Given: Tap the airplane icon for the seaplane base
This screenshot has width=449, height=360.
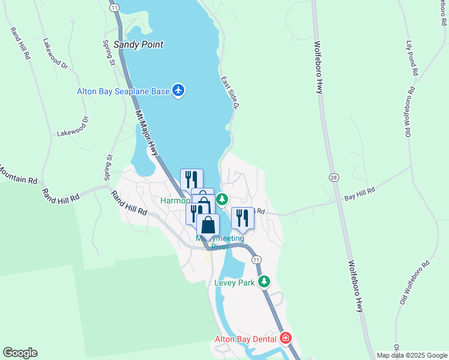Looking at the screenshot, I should [178, 91].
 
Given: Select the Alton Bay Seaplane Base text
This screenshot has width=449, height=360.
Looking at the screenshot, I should [123, 91].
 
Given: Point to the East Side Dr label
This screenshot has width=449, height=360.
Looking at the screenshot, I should [230, 93].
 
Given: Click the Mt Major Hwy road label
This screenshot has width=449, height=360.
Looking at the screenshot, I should [146, 133].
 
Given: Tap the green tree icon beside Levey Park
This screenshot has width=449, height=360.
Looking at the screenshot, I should [264, 281].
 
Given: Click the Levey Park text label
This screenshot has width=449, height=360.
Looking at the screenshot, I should [235, 282].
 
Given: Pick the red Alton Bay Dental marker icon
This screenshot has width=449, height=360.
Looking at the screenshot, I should [286, 338].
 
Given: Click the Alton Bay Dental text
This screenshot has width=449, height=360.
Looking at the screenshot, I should [246, 339].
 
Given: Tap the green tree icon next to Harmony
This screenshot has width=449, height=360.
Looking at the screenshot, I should [222, 199].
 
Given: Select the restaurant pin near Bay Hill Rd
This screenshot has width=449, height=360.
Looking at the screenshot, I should [243, 217].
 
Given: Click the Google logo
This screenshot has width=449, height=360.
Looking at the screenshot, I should [20, 353].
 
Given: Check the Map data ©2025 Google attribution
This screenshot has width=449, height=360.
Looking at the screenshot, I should [412, 355].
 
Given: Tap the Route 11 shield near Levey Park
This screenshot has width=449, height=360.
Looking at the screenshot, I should [256, 259].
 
